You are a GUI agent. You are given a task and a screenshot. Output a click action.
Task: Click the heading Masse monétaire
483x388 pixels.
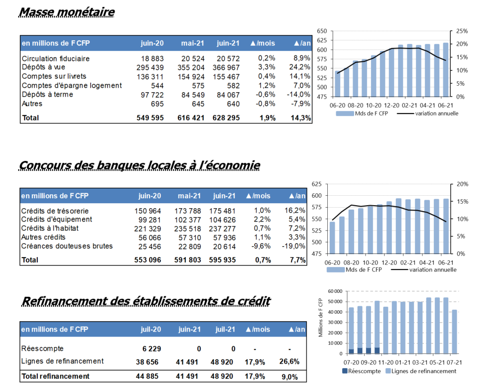tap(66, 12)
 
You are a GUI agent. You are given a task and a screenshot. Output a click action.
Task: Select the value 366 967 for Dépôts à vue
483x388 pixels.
tap(226, 67)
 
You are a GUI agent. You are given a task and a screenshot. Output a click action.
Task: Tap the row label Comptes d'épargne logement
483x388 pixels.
tap(72, 86)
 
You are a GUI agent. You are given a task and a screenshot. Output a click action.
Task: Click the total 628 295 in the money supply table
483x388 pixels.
tap(226, 118)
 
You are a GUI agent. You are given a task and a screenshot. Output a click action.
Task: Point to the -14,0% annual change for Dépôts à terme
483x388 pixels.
tap(298, 95)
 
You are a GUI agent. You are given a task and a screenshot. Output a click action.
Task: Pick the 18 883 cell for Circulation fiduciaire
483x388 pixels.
tap(152, 58)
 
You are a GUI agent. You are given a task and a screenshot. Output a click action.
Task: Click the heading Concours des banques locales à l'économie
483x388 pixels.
tap(139, 165)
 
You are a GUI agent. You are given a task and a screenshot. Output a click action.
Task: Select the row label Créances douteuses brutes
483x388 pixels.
tap(67, 246)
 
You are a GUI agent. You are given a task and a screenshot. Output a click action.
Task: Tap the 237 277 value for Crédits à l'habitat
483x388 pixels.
tap(222, 229)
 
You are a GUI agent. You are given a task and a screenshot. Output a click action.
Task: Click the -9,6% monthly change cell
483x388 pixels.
tap(261, 246)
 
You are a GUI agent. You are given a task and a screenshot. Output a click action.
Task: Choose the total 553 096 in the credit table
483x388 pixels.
tap(148, 260)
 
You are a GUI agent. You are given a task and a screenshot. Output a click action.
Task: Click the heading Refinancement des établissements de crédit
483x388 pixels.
tap(146, 301)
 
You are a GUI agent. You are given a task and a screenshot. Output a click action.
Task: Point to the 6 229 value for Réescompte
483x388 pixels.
tap(152, 349)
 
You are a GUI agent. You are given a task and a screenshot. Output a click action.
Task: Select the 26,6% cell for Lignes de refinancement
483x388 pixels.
tap(289, 362)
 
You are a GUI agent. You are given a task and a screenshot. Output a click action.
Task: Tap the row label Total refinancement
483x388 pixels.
tap(56, 376)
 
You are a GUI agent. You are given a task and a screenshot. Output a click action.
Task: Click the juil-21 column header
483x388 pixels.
tap(225, 330)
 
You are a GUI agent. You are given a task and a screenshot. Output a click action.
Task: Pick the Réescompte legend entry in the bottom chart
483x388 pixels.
tap(362, 371)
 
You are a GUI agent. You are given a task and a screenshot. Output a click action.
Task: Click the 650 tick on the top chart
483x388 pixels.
tap(322, 31)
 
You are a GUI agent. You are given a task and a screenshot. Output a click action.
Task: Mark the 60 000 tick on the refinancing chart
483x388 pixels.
tap(335, 291)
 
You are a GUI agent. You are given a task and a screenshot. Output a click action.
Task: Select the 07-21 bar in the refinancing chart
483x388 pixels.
tap(454, 332)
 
